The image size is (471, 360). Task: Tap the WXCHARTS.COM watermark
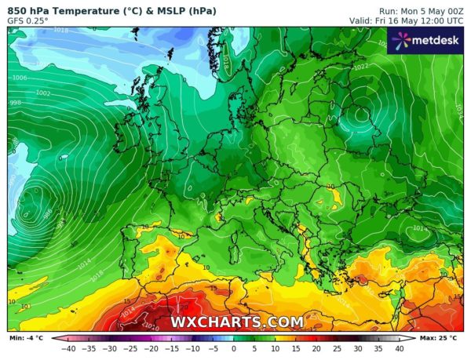coord(238,322)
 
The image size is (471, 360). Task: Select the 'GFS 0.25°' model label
coord(28,20)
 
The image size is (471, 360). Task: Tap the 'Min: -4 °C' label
coord(26,337)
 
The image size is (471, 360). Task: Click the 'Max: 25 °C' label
coord(444,337)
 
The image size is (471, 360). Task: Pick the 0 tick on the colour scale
coord(234,348)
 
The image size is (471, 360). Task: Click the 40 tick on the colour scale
coord(399,348)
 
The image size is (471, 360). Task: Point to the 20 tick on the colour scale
coord(316,348)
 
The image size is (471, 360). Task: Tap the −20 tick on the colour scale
coord(152,348)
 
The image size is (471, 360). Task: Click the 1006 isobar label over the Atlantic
coord(20,78)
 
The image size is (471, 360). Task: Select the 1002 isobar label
coord(43,93)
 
